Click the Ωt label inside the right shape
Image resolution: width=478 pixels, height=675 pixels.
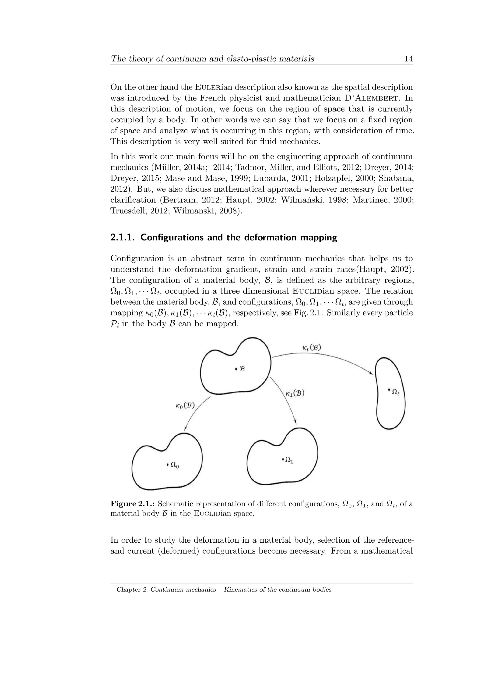[x=396, y=392]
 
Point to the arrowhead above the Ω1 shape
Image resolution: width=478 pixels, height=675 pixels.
[x=295, y=422]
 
